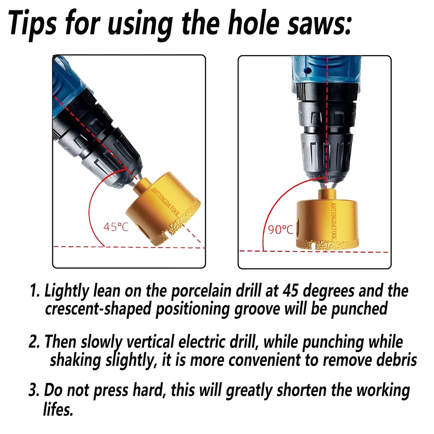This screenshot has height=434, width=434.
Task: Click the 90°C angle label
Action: point(280,229)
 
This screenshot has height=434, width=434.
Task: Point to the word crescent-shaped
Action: point(98,309)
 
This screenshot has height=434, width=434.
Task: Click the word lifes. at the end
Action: point(58,409)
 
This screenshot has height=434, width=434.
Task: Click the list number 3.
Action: point(34,390)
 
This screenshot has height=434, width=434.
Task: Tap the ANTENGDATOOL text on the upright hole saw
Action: point(333,221)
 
